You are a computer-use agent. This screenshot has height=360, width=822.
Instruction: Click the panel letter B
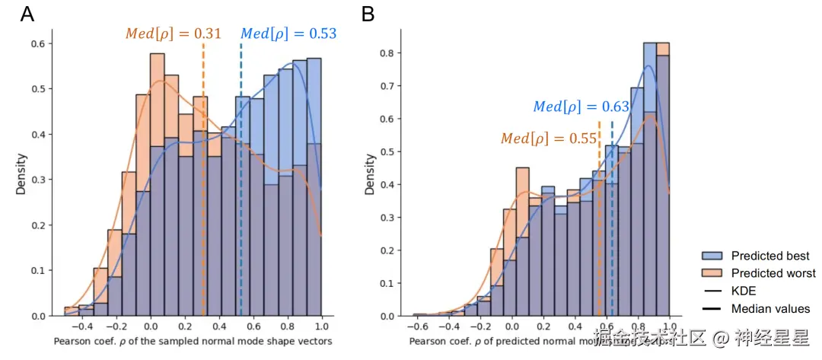[x=368, y=14]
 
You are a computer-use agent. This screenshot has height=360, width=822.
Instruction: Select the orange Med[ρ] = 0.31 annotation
[x=174, y=33]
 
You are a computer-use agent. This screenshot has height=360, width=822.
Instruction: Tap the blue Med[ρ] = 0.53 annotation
[x=288, y=33]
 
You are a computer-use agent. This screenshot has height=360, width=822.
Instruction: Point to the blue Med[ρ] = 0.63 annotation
[x=581, y=107]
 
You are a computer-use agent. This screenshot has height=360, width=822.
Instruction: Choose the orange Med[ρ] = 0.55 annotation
[x=549, y=139]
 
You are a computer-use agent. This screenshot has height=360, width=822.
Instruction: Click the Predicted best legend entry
[x=769, y=256]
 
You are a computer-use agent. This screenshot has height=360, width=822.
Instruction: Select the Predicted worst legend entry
[x=773, y=273]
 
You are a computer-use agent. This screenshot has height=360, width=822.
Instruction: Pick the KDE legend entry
[x=744, y=291]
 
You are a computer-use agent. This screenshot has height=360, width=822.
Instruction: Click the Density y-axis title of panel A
[x=21, y=174]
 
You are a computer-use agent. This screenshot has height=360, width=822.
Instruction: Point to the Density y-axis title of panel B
[x=371, y=174]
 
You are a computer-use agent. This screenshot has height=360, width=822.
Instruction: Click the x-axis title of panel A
[x=193, y=340]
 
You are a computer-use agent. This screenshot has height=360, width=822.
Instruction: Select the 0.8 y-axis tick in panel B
[x=388, y=53]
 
